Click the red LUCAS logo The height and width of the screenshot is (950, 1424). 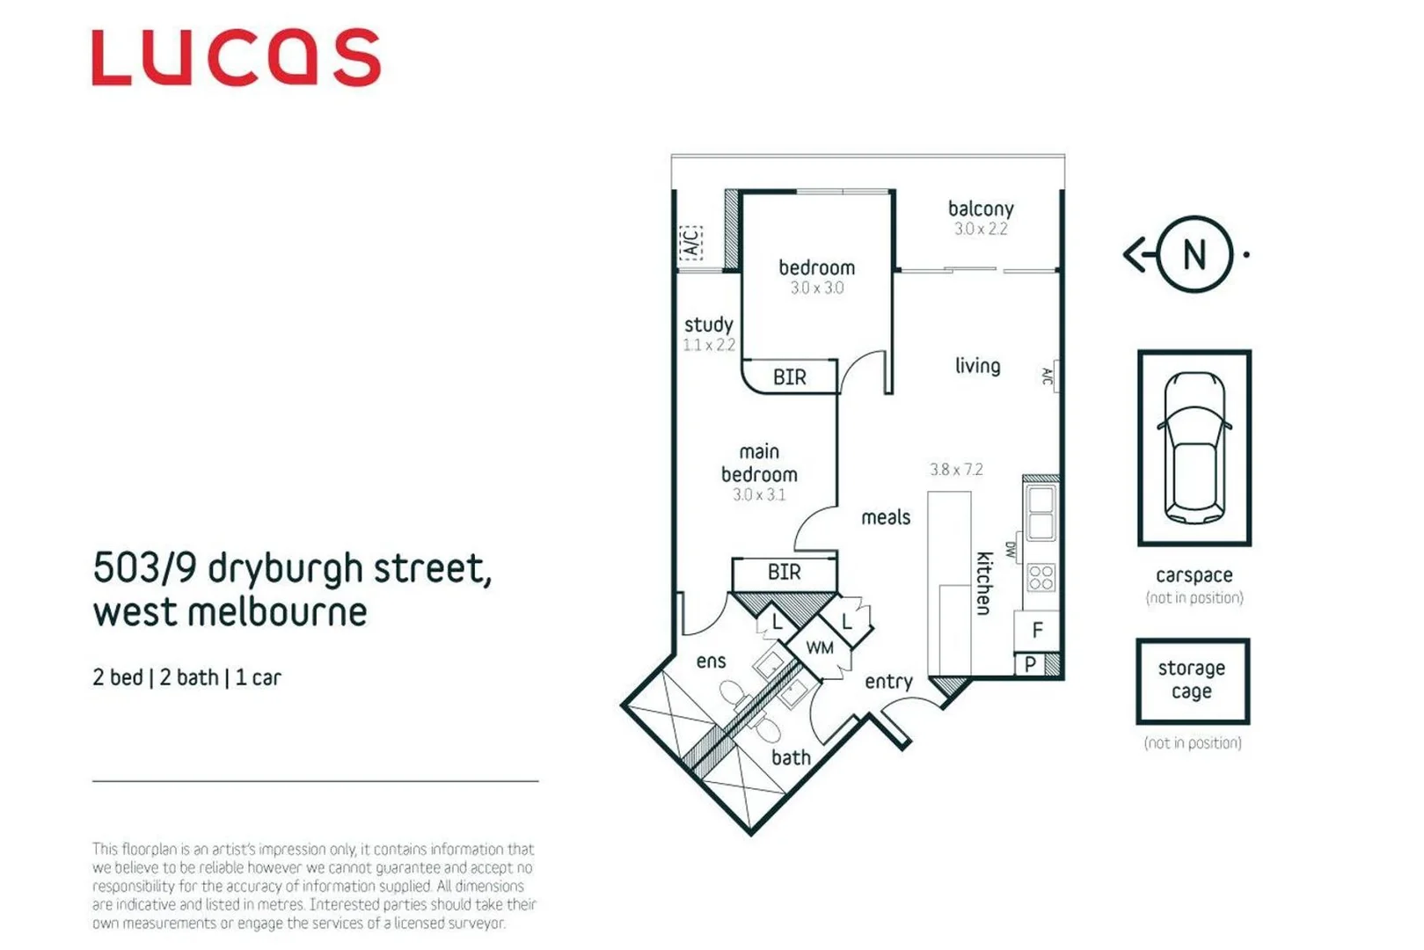[x=236, y=58]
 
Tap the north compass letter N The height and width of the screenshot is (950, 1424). [x=1194, y=255]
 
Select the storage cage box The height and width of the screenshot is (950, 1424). [x=1192, y=681]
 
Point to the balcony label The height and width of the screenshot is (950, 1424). [x=981, y=208]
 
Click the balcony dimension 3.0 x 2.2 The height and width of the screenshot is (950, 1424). [x=981, y=229]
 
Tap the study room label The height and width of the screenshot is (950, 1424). [x=708, y=325]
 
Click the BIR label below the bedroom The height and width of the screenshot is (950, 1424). [x=789, y=377]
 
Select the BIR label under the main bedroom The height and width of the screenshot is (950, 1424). [x=784, y=573]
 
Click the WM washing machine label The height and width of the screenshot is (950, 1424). [x=820, y=648]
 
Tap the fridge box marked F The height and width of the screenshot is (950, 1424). [x=1038, y=630]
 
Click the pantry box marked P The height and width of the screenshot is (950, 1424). [x=1030, y=665]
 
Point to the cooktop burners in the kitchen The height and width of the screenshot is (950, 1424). [x=1041, y=577]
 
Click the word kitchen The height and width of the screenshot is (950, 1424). [x=984, y=583]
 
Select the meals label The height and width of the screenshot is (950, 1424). [x=886, y=517]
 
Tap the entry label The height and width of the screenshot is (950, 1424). [x=888, y=682]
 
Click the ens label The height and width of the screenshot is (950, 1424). [x=711, y=661]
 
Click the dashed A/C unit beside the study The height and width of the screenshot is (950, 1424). [x=691, y=241]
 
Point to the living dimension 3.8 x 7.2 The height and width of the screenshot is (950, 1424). [x=956, y=470]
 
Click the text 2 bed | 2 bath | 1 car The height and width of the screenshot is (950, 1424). [x=186, y=677]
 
